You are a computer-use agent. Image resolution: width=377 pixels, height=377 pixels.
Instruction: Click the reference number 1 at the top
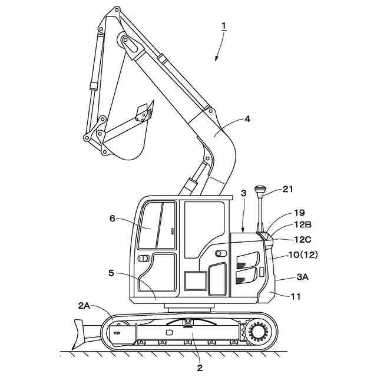224,25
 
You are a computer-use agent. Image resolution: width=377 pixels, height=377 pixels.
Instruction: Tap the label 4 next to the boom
247,118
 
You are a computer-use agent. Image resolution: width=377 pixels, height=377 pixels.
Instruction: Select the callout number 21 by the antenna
287,189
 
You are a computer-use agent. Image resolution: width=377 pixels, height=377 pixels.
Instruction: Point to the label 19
299,213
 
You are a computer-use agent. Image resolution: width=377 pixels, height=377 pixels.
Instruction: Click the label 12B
303,224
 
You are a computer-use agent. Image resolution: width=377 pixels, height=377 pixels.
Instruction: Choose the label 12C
303,239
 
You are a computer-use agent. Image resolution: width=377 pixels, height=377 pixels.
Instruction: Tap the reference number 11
295,296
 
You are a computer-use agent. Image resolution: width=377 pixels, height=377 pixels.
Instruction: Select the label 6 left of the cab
112,218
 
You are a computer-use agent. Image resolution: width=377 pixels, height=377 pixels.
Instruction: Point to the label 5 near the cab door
111,273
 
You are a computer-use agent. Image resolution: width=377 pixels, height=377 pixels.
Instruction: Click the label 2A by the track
84,306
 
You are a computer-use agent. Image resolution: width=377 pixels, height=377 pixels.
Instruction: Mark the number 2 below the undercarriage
200,368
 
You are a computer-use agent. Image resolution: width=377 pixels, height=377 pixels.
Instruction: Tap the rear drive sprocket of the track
257,333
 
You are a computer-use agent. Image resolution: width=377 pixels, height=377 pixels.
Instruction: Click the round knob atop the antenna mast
260,190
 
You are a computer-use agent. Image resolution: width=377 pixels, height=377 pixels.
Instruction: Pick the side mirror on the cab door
143,259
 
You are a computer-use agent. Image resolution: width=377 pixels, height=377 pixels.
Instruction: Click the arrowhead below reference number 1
217,59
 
